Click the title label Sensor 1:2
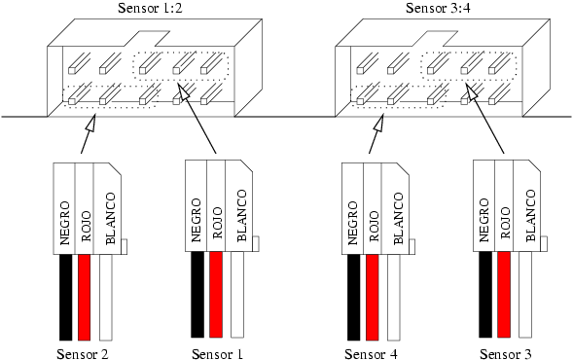click(150, 8)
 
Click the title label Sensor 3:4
click(438, 8)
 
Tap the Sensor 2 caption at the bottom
click(83, 354)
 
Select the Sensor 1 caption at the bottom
click(218, 354)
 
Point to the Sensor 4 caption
click(371, 354)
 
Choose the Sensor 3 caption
click(506, 354)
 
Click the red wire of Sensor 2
click(84, 297)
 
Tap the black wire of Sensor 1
click(197, 295)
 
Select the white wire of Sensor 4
click(394, 297)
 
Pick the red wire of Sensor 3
click(504, 295)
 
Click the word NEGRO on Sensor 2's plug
click(64, 223)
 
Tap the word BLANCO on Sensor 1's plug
click(242, 215)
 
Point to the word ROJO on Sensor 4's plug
click(374, 226)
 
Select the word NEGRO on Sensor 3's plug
click(483, 220)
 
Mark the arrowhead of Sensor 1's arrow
click(184, 91)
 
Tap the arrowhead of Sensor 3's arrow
click(472, 91)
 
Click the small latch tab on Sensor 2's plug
click(124, 246)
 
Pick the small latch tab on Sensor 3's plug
click(544, 244)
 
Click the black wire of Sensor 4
click(354, 297)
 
